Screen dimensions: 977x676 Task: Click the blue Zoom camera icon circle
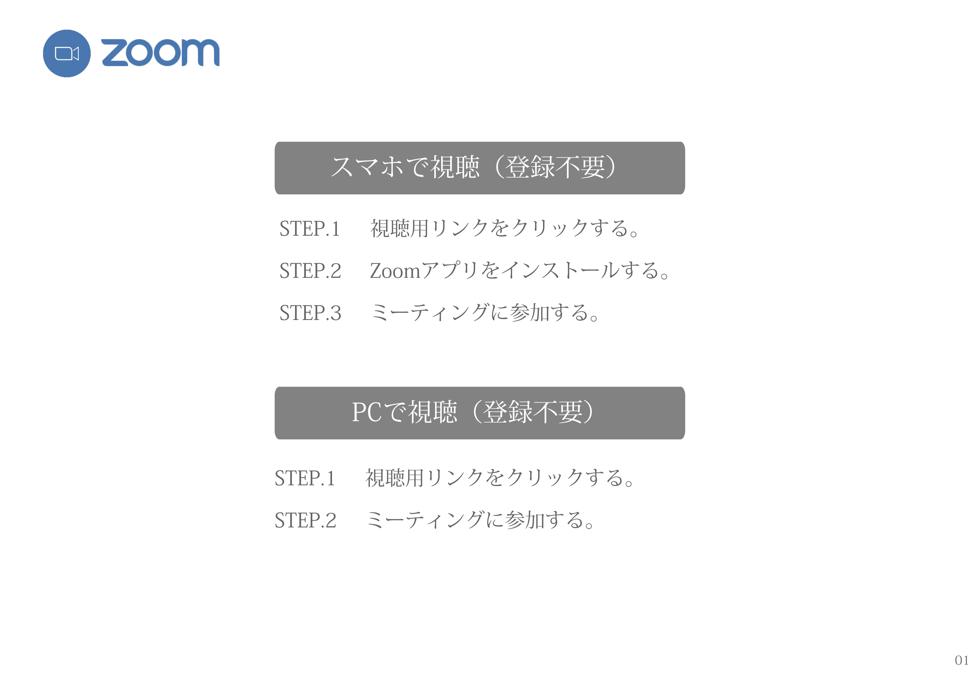coord(66,53)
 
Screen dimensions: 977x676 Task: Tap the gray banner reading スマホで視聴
coord(480,168)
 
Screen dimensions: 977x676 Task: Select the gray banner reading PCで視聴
coord(480,413)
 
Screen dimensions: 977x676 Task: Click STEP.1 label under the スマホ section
coord(310,229)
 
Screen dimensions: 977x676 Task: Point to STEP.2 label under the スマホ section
coord(310,271)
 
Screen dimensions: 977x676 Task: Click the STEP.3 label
coord(310,312)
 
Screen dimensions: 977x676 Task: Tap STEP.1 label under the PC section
coord(305,478)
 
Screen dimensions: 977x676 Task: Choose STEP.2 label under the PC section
coord(305,520)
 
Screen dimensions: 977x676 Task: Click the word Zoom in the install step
coord(395,271)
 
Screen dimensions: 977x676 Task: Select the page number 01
coord(962,660)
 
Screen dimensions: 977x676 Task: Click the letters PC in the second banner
coord(367,412)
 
